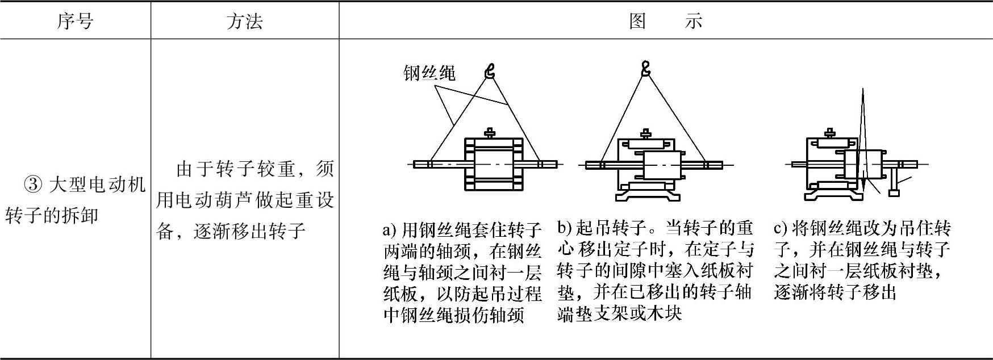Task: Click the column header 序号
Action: pyautogui.click(x=75, y=22)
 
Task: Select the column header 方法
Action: pyautogui.click(x=244, y=22)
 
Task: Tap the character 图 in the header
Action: pyautogui.click(x=638, y=22)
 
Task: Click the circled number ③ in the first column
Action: pyautogui.click(x=34, y=185)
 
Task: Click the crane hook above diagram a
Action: pyautogui.click(x=490, y=70)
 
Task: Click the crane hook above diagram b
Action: pyautogui.click(x=645, y=69)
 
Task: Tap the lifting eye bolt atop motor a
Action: pyautogui.click(x=489, y=133)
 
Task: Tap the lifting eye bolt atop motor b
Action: pyautogui.click(x=645, y=134)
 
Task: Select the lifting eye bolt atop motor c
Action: pyautogui.click(x=829, y=132)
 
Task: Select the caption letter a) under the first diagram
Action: pyautogui.click(x=389, y=230)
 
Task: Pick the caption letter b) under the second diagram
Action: pyautogui.click(x=564, y=228)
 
